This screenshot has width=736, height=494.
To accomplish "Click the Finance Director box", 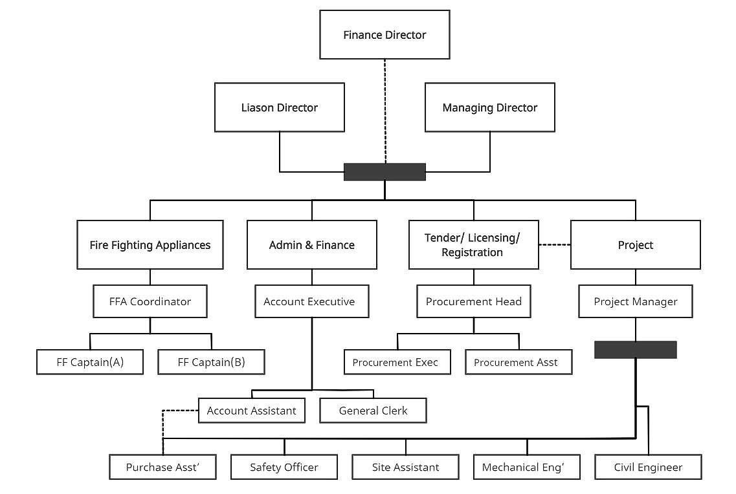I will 385,35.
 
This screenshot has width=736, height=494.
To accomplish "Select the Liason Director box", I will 279,107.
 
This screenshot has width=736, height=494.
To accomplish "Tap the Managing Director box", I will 489,107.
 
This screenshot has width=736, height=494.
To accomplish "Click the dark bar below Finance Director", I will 385,171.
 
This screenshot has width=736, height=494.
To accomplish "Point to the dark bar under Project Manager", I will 635,350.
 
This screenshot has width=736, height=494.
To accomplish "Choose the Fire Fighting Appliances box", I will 150,245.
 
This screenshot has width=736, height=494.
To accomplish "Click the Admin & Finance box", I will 311,245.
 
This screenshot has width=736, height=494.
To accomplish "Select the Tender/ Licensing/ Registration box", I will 473,245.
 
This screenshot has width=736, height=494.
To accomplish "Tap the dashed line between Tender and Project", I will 554,245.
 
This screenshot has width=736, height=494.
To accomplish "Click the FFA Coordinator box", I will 150,301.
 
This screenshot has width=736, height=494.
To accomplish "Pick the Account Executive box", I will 311,301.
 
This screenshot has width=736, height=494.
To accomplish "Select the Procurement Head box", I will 473,301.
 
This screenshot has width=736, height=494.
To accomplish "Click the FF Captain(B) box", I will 211,362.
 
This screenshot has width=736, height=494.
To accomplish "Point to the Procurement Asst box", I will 518,362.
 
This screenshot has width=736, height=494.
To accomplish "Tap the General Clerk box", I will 373,411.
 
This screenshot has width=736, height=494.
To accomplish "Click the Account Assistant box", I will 251,411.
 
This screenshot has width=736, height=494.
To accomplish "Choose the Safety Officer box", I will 284,467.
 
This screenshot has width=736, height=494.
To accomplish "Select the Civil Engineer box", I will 648,467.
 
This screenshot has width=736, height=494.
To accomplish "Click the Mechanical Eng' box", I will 526,467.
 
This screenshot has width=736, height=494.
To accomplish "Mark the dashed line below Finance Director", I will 385,110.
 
